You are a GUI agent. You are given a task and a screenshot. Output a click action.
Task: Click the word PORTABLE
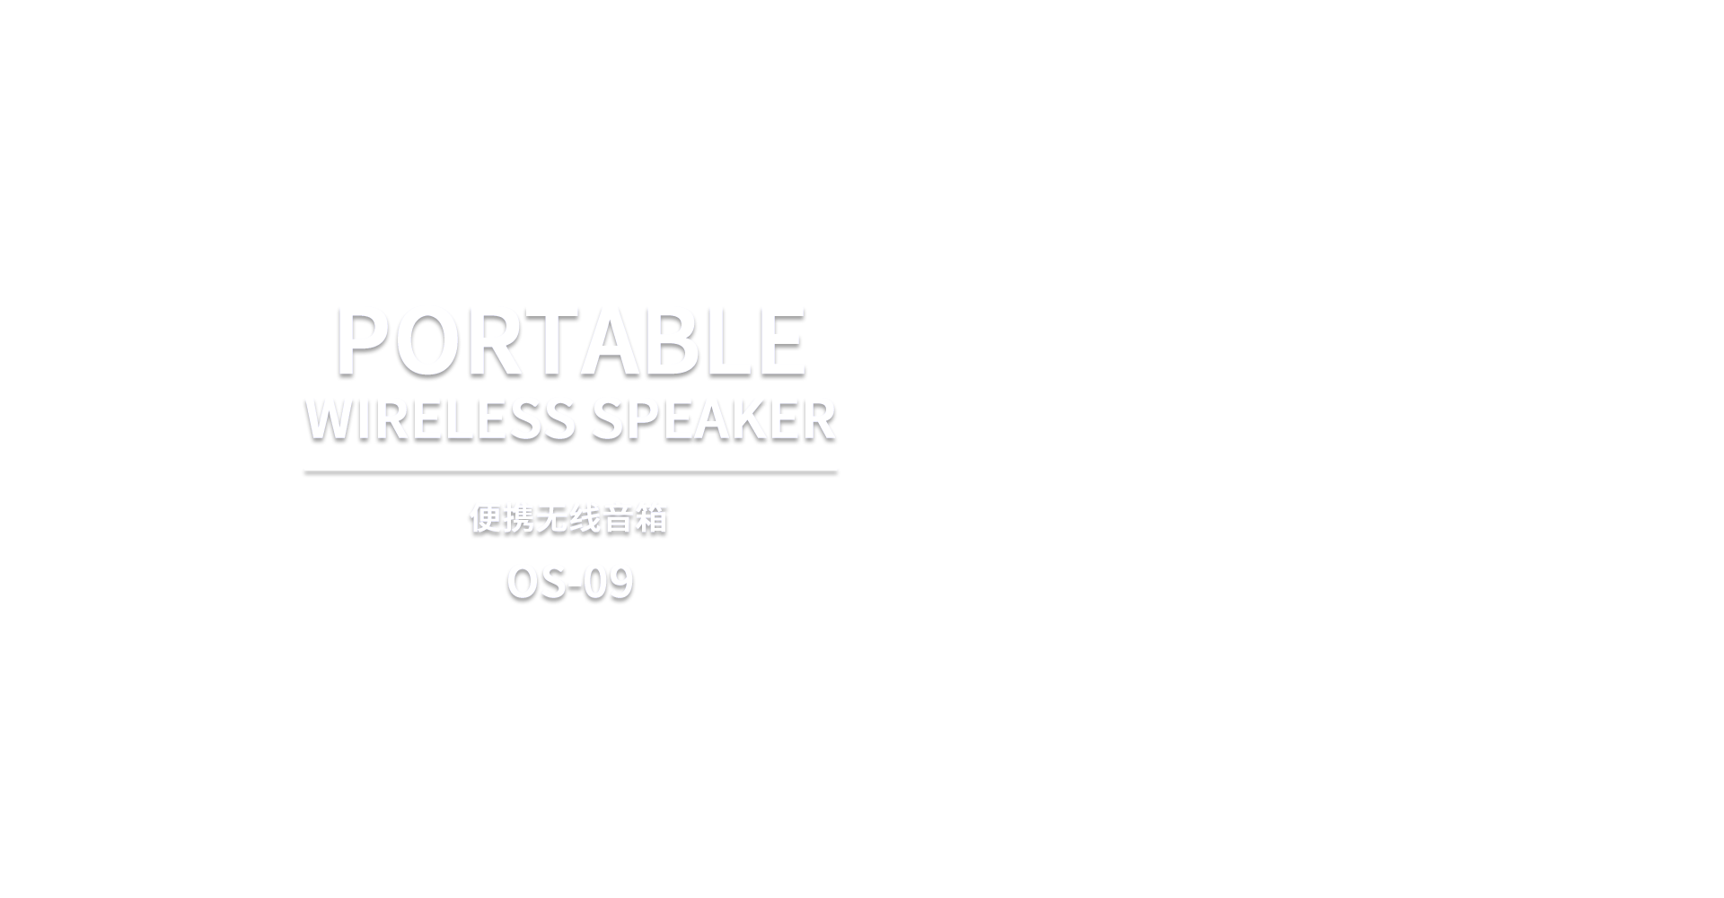coord(570,342)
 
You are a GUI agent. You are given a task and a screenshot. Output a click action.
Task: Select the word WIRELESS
coord(440,419)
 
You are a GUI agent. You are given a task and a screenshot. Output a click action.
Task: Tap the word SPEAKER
coord(714,419)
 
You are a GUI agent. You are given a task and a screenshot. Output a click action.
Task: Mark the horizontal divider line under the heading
coord(570,471)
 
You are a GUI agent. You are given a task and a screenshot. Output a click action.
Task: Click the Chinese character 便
coord(486,519)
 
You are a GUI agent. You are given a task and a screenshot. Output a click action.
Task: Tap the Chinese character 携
coord(519,519)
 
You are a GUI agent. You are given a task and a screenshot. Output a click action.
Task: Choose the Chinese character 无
coord(552,519)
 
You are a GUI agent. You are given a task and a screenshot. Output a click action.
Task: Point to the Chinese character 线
coord(585,519)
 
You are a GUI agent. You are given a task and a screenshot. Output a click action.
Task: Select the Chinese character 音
coord(619,519)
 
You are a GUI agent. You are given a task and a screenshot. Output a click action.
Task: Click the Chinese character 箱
coord(652,519)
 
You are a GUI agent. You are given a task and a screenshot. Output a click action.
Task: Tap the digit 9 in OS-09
coord(620,583)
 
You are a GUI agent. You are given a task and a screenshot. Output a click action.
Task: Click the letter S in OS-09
coord(552,583)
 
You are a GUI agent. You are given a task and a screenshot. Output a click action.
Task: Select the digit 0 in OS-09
coord(595,583)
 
